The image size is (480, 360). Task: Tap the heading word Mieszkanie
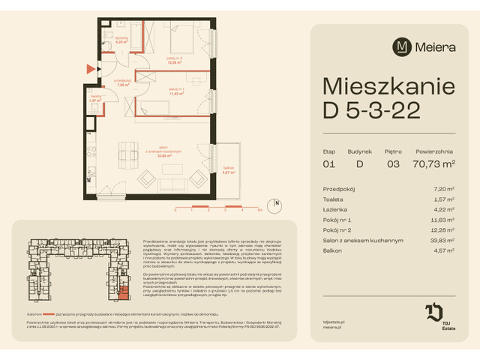383,88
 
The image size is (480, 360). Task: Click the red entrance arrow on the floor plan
91,69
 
